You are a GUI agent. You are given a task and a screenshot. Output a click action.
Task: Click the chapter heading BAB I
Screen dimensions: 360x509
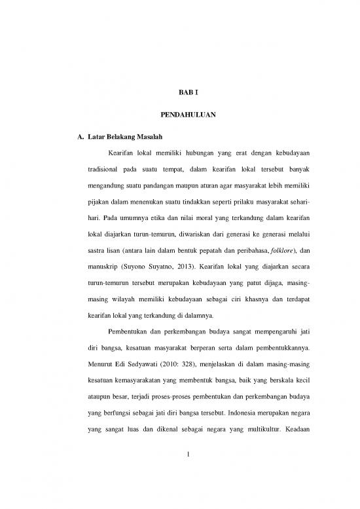point(179,93)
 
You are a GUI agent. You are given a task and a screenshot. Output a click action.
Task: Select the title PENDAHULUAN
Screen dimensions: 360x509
point(179,115)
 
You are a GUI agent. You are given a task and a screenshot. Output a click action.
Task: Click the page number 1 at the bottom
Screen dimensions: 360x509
point(179,466)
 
